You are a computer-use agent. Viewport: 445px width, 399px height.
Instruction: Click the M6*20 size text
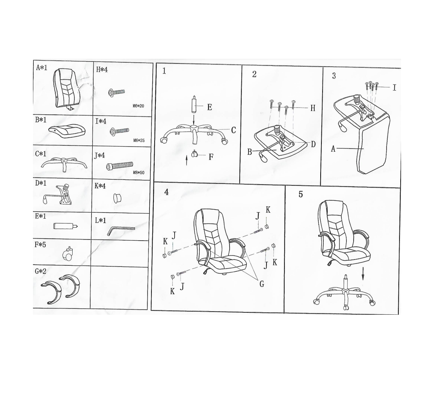[138, 106]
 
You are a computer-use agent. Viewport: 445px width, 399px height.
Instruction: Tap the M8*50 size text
[139, 172]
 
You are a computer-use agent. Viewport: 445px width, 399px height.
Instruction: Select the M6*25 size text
[139, 141]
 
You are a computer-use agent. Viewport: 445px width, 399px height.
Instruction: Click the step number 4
[166, 192]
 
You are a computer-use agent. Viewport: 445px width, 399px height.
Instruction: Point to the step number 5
[301, 194]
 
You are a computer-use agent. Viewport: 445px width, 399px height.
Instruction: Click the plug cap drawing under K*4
[117, 198]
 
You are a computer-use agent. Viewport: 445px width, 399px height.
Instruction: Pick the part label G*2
[40, 271]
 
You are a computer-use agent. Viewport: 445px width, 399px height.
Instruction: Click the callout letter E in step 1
[210, 107]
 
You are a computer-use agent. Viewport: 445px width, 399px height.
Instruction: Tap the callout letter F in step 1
[211, 157]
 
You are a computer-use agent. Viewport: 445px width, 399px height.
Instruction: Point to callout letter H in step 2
[313, 108]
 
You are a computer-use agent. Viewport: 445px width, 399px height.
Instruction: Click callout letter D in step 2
[313, 144]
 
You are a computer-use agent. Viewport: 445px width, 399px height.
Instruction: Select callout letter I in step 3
[394, 87]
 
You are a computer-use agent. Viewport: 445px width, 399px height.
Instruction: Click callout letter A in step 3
[333, 149]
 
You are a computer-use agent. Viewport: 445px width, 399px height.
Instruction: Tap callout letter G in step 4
[262, 284]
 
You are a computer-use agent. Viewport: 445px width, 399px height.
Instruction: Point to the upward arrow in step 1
[186, 160]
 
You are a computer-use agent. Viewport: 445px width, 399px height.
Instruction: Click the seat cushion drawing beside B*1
[67, 131]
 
